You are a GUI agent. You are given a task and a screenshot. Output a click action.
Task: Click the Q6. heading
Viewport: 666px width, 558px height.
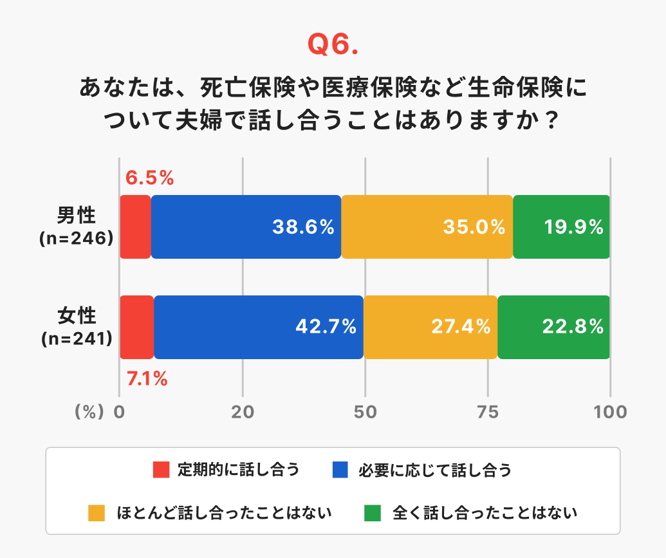[332, 44]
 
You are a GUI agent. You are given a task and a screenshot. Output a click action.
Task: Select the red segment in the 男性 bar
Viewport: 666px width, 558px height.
[135, 227]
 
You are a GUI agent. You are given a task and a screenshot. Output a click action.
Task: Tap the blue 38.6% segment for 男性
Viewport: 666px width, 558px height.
[246, 227]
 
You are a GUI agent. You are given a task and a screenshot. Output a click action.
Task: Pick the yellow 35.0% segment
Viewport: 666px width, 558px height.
[427, 227]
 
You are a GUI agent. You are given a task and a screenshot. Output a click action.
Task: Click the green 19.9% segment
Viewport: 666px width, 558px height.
[561, 227]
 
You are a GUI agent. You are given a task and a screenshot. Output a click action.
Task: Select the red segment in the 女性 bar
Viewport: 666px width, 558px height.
[136, 327]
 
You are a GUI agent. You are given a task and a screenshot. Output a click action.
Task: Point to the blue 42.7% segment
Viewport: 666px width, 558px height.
[259, 327]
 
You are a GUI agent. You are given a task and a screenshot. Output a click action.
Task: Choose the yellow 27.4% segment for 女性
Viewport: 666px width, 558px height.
[430, 327]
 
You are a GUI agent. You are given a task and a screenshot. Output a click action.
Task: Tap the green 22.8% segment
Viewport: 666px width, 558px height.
[553, 327]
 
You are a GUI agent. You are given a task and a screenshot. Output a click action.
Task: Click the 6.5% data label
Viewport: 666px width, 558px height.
[150, 178]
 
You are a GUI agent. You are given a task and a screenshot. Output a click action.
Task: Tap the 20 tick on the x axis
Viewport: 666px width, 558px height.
[243, 412]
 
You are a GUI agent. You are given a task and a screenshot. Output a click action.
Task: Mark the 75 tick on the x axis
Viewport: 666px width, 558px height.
[488, 412]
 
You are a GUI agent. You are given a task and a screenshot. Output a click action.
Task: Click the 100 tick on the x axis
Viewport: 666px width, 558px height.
[610, 412]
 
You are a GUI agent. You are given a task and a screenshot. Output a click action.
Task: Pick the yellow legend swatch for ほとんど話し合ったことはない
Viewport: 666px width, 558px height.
[96, 513]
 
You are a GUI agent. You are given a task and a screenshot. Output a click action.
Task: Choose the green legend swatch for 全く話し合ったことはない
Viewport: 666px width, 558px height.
[373, 513]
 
